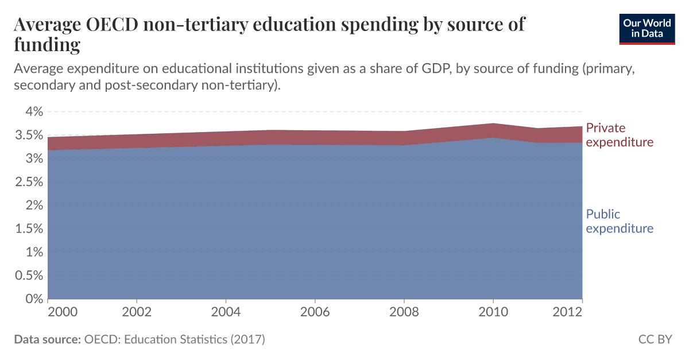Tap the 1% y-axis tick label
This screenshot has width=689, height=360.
pos(33,252)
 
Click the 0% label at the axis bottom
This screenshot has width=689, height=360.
pos(33,299)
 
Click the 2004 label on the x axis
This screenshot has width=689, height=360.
pos(226,312)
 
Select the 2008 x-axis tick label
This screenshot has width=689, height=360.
pos(404,312)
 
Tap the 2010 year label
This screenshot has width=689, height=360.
pos(493,312)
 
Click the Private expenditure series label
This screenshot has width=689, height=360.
pos(619,135)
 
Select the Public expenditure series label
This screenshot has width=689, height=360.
pos(619,222)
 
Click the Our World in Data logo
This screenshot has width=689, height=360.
pos(647,28)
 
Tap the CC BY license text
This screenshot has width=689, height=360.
pos(655,339)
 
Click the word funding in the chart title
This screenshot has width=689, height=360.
pos(47,44)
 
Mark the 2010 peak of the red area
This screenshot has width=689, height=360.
pos(493,123)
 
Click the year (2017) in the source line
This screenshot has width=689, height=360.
pos(247,339)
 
